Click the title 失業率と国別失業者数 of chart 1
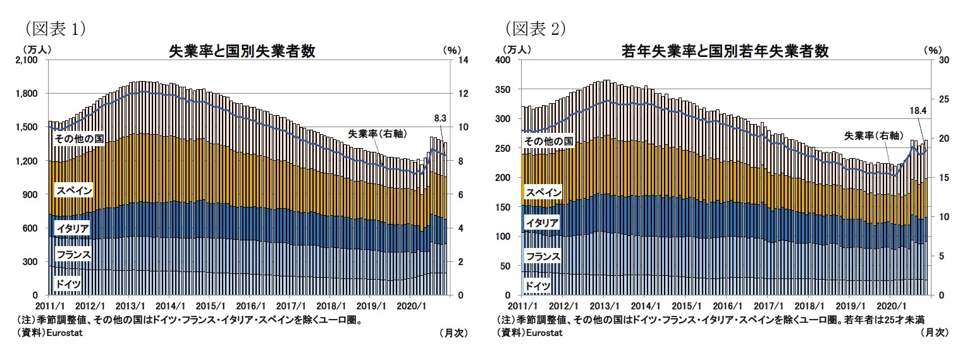241,51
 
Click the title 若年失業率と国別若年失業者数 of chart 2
725,51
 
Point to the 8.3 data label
441,117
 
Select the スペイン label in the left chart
74,190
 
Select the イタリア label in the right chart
542,222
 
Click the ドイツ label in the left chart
68,284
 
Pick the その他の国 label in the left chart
78,139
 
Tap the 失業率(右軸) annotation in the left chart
377,133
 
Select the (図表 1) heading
54,28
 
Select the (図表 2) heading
534,28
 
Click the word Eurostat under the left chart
65,332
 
